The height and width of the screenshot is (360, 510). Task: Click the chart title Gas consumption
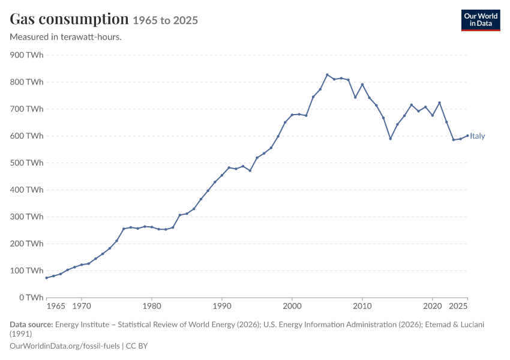[x=69, y=19]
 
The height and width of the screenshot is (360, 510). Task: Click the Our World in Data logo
[x=481, y=20]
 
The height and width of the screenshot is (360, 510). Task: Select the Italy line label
[x=477, y=136]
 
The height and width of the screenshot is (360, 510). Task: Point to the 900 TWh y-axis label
[x=26, y=55]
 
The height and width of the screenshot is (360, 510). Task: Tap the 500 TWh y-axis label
[x=26, y=163]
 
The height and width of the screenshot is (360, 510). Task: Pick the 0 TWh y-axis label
[x=31, y=298]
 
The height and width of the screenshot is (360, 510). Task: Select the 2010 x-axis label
[x=362, y=307]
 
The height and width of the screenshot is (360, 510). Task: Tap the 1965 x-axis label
[x=56, y=307]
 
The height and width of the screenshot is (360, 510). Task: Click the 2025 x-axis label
[x=458, y=307]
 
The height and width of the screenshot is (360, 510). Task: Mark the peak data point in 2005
[x=327, y=75]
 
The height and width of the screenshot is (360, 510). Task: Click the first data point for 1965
[x=47, y=278]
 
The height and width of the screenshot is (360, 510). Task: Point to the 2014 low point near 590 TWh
[x=391, y=139]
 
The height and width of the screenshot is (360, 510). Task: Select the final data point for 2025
[x=467, y=136]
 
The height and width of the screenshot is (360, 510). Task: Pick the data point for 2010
[x=362, y=85]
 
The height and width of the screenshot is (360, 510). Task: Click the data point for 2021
[x=439, y=103]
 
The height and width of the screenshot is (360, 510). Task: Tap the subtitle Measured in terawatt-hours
[x=66, y=37]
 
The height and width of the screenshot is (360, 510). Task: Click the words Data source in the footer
[x=31, y=325]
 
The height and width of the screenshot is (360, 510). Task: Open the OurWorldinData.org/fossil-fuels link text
[x=65, y=346]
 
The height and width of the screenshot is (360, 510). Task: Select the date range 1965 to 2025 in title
[x=165, y=20]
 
